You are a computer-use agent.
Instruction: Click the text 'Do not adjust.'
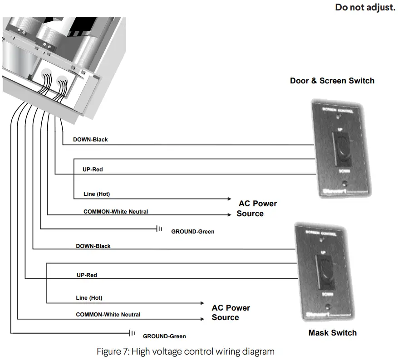coord(365,8)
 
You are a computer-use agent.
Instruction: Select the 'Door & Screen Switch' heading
coord(332,81)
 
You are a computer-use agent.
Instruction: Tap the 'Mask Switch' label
coord(332,333)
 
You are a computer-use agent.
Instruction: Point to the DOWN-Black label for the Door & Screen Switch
coord(90,140)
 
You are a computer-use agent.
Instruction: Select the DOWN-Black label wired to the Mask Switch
coord(93,246)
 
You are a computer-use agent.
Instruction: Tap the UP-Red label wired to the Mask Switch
coord(87,275)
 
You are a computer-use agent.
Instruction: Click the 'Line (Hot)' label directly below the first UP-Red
coord(97,194)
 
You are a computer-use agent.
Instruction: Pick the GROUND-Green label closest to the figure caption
coord(164,336)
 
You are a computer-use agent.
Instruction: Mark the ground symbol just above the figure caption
coord(132,333)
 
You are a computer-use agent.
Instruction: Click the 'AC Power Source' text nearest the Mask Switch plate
coord(231,313)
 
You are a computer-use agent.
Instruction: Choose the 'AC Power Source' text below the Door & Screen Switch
coord(257,209)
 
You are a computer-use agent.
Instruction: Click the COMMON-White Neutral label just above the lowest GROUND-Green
coord(108,314)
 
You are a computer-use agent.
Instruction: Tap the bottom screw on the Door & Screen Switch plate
coord(346,185)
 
